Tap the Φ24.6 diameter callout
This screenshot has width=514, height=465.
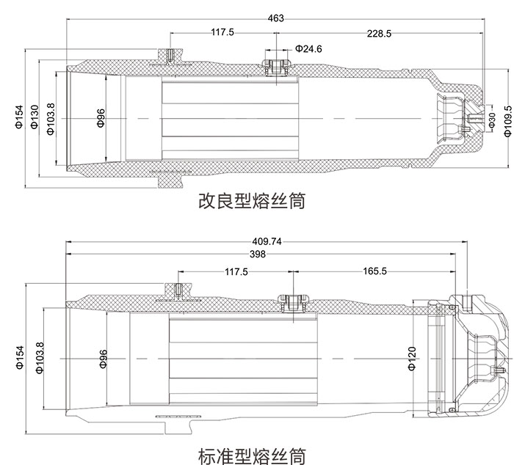click(308, 48)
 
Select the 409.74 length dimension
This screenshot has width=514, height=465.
click(267, 241)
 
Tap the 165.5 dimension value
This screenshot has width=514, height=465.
click(374, 271)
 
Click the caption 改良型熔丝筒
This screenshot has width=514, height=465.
click(252, 201)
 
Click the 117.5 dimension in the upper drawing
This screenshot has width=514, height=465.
click(222, 32)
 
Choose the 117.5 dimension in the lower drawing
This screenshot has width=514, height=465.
click(236, 271)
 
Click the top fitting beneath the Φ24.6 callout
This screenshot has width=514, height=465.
click(276, 64)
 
